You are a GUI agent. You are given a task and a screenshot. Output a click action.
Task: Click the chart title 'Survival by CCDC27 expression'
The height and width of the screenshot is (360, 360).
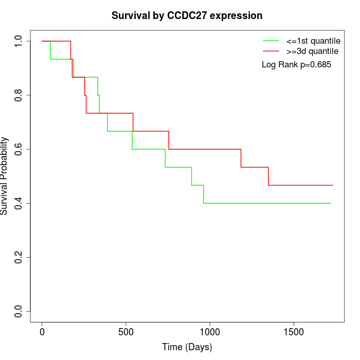(x=187, y=16)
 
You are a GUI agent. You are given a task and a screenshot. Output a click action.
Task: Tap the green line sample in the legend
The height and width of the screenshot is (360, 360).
(x=271, y=41)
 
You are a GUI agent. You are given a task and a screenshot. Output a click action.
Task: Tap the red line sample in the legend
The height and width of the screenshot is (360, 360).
(x=271, y=51)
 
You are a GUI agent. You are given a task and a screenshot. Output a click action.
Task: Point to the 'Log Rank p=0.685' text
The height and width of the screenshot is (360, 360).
(x=296, y=65)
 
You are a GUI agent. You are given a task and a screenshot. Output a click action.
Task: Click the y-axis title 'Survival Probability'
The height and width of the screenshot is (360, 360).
(x=5, y=176)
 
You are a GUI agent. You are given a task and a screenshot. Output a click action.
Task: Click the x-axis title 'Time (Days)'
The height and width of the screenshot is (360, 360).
(x=187, y=347)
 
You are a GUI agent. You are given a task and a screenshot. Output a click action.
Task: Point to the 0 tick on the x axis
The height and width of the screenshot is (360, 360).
(x=42, y=332)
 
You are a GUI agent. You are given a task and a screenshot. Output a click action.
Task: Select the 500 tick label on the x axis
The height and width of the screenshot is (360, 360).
(x=126, y=332)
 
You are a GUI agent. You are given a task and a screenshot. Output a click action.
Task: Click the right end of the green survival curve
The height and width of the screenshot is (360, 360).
(x=330, y=203)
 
